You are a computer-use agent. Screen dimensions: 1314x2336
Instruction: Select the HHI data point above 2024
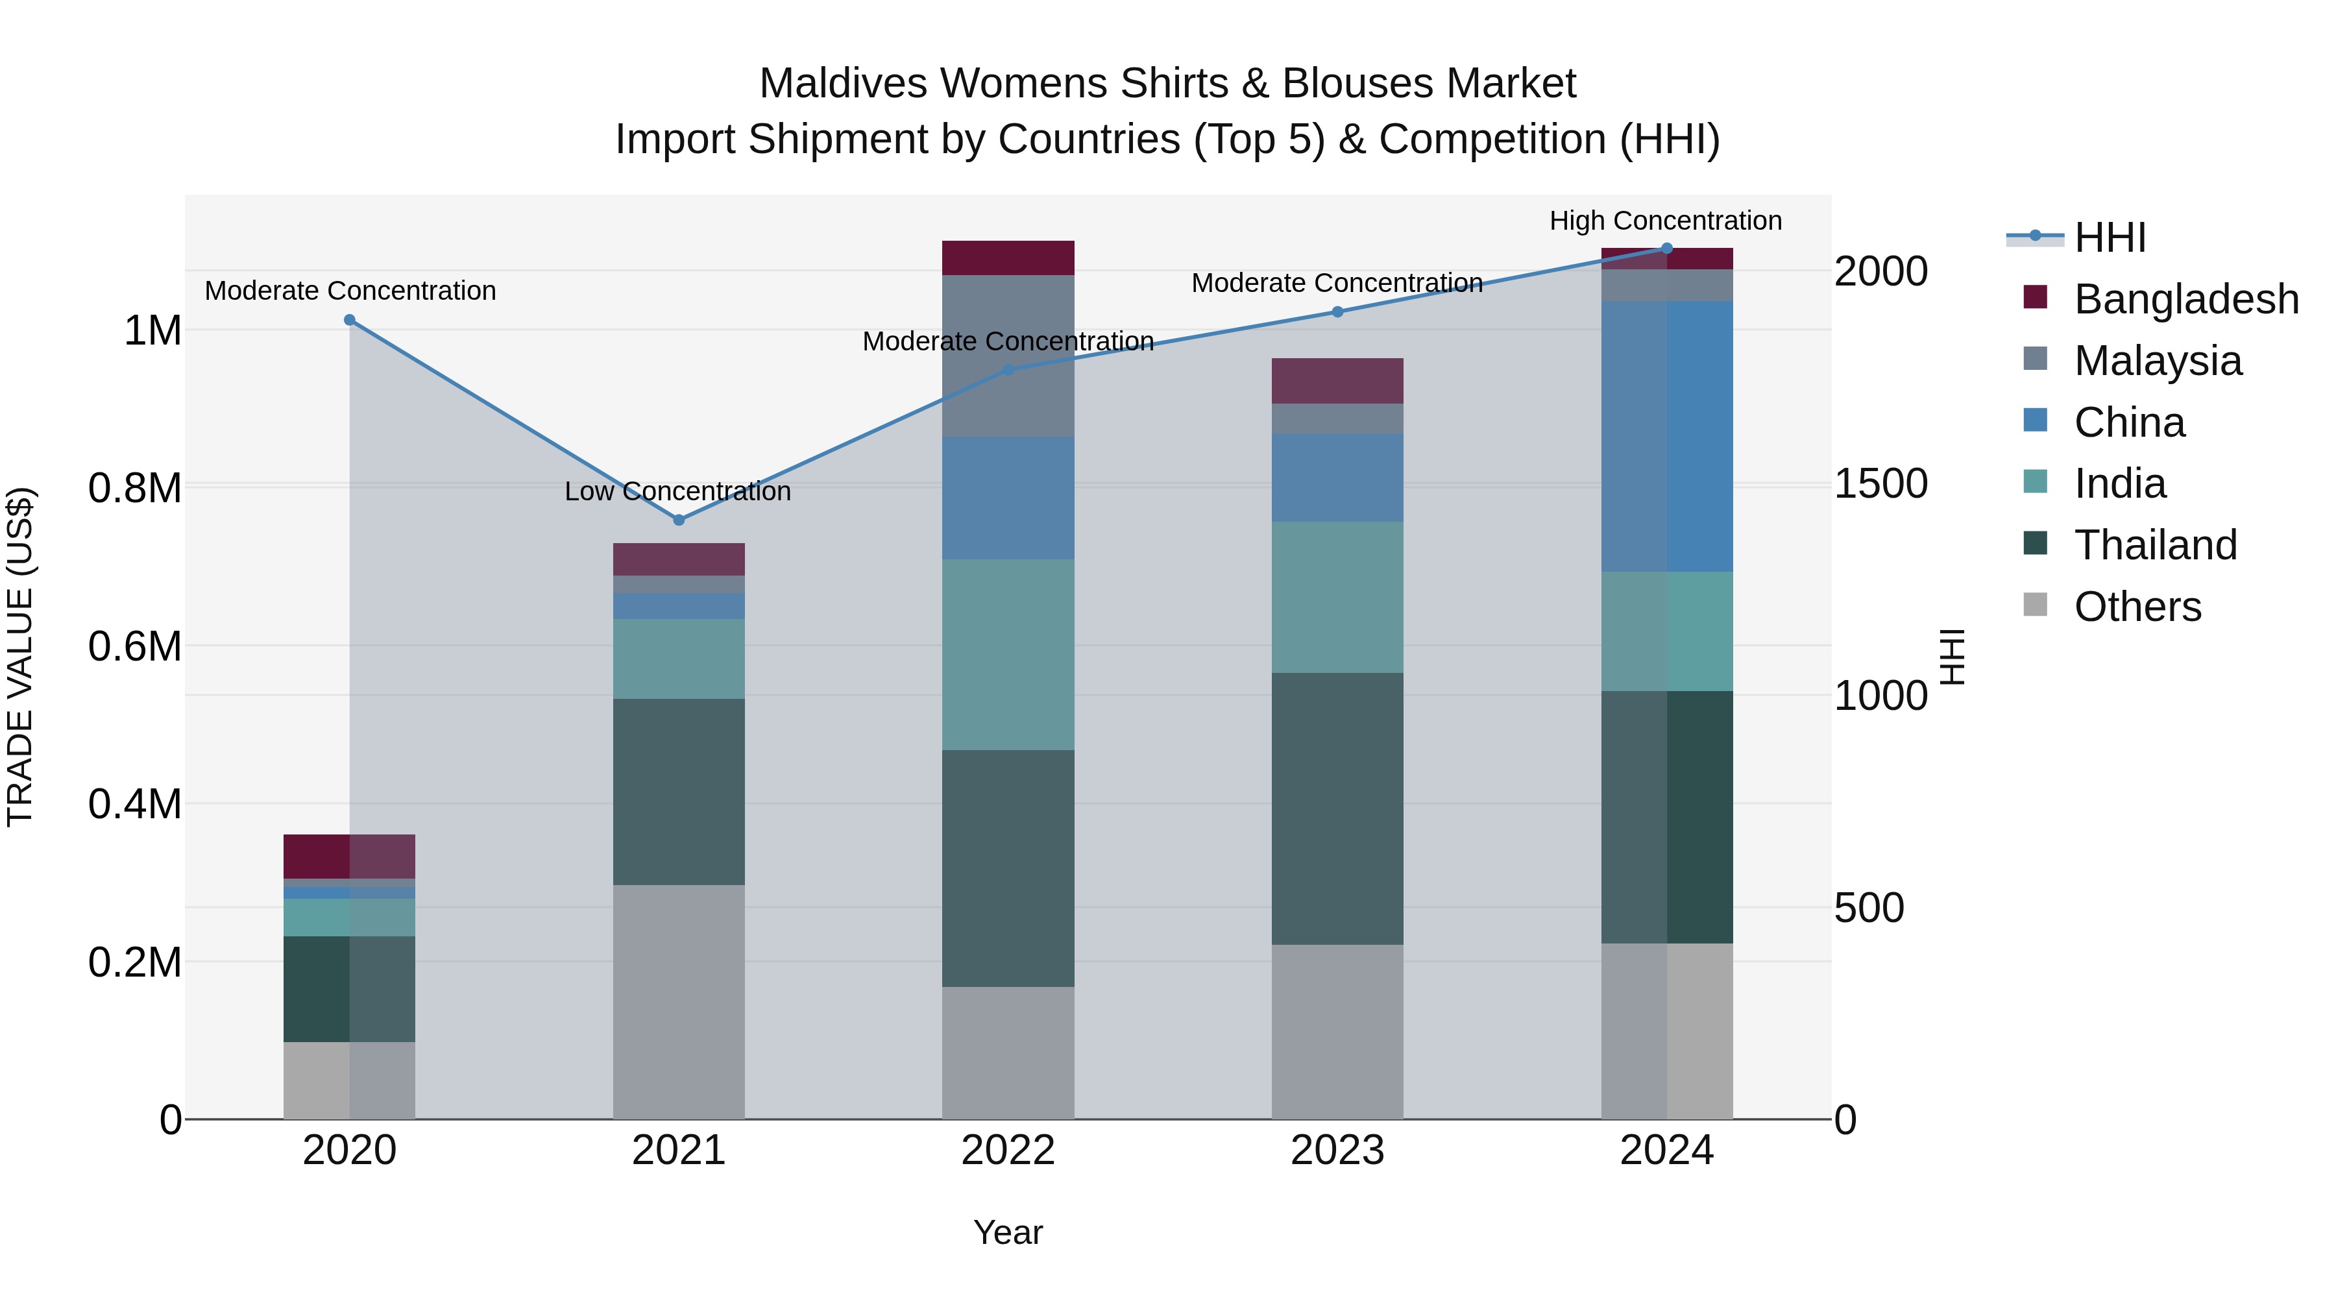click(1667, 249)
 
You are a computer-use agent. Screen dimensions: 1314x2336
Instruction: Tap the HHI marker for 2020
click(350, 320)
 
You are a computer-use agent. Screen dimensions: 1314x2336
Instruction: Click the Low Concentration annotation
click(677, 491)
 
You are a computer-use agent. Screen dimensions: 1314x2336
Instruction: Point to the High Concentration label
click(1665, 221)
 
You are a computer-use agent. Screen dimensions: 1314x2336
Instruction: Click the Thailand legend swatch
click(2036, 544)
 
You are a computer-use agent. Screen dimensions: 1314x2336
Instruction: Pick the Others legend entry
click(2137, 607)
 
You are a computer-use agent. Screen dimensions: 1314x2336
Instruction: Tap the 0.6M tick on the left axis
click(135, 646)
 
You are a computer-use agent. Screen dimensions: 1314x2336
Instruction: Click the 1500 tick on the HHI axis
click(1880, 483)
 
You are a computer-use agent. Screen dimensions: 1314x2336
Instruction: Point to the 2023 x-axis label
click(1337, 1150)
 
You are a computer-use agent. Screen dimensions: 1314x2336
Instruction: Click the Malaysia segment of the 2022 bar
click(1008, 356)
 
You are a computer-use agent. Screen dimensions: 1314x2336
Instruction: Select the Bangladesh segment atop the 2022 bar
click(1008, 258)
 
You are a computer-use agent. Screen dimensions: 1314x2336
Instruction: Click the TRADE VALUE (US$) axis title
click(20, 657)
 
